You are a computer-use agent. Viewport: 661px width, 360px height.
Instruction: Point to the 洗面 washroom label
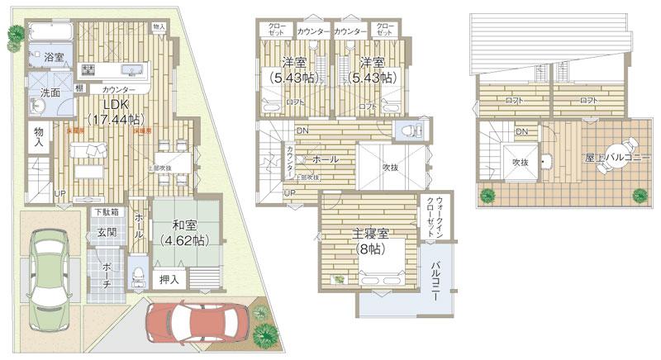point(50,92)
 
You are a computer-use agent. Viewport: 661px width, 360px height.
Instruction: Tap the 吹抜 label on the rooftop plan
point(519,162)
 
